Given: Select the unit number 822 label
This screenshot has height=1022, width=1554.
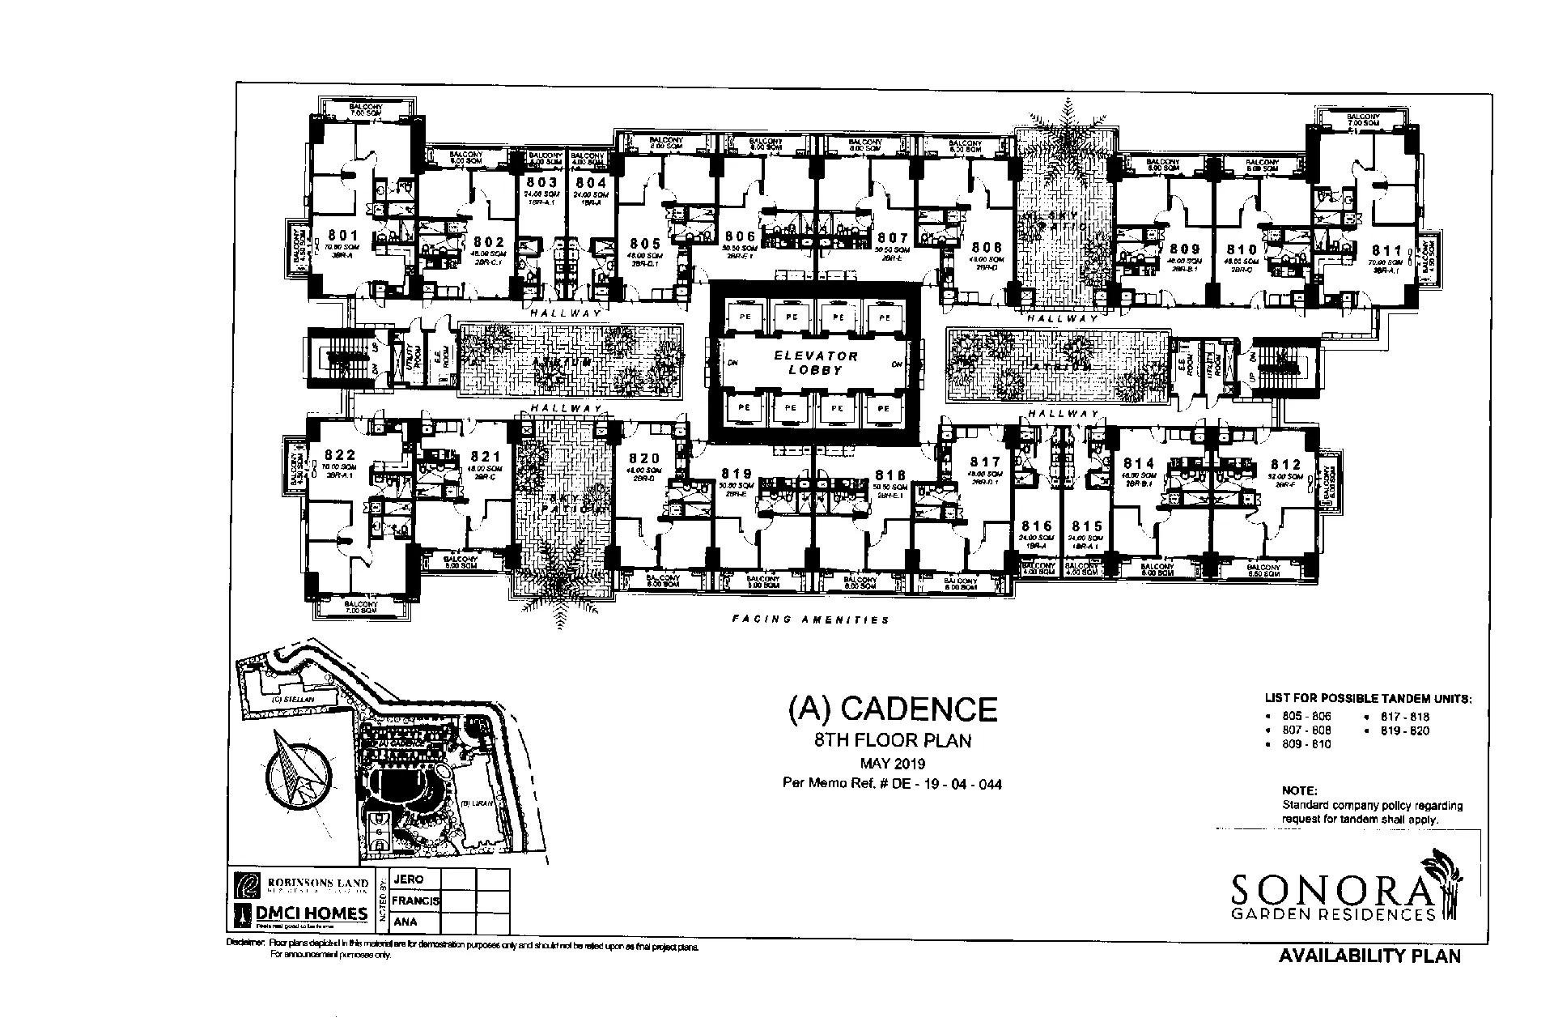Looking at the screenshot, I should (339, 456).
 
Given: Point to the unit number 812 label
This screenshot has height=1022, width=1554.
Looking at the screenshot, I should (1285, 464).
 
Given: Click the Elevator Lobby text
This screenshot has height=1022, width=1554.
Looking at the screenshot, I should (815, 363).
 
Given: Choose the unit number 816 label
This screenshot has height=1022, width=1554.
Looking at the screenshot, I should (1037, 526).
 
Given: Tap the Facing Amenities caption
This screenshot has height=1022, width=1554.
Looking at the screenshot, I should (810, 620).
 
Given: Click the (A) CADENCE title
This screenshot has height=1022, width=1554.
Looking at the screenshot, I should (892, 709).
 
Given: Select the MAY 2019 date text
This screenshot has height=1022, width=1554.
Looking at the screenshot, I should (892, 764).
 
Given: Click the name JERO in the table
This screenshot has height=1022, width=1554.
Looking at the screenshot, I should (408, 879).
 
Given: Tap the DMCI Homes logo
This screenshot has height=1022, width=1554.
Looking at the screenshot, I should (301, 914).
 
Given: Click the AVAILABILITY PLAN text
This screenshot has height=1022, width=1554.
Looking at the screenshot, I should (1369, 956).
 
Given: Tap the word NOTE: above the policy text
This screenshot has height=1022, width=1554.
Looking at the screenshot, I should (1299, 790).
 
